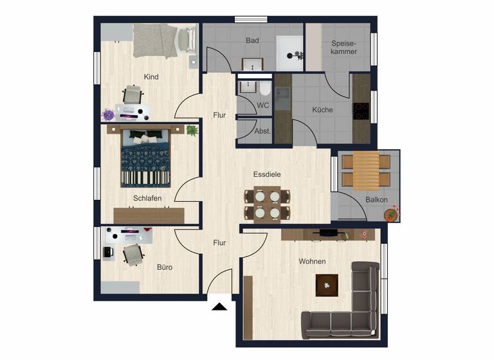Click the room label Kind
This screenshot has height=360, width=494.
pyautogui.click(x=151, y=77)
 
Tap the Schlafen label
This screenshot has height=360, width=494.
pyautogui.click(x=147, y=198)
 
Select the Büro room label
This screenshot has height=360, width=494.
pyautogui.click(x=165, y=267)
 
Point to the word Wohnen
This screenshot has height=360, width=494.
pyautogui.click(x=312, y=262)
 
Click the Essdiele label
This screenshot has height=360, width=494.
pyautogui.click(x=267, y=174)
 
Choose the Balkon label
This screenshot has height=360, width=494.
pyautogui.click(x=376, y=199)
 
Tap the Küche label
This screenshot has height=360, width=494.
pyautogui.click(x=322, y=110)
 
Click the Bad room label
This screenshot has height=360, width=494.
pyautogui.click(x=252, y=40)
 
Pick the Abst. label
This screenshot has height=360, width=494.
pyautogui.click(x=262, y=130)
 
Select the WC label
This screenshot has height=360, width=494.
pyautogui.click(x=262, y=105)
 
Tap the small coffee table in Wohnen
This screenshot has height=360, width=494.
pyautogui.click(x=327, y=284)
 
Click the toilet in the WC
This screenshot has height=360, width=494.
pyautogui.click(x=265, y=88)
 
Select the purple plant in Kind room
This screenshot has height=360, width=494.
pyautogui.click(x=109, y=114)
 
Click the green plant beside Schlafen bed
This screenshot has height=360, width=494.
pyautogui.click(x=192, y=130)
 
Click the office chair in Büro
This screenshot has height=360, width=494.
pyautogui.click(x=133, y=254)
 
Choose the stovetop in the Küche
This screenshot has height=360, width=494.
pyautogui.click(x=361, y=113)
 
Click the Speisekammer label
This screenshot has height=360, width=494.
pyautogui.click(x=344, y=47)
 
